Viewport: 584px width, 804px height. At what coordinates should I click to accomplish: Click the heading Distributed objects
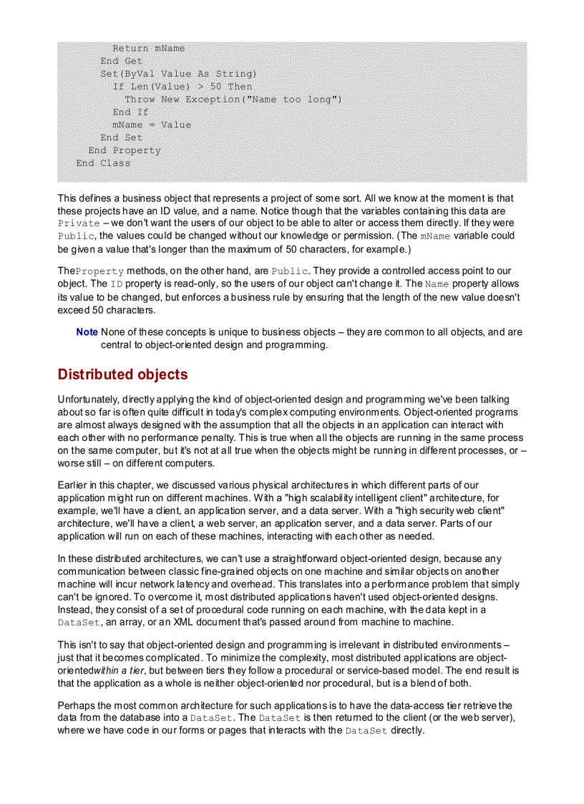click(122, 374)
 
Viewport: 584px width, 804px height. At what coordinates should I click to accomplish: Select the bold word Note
click(87, 332)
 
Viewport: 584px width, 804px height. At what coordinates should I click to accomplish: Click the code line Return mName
click(148, 48)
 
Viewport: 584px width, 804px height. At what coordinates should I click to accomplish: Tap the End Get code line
click(121, 61)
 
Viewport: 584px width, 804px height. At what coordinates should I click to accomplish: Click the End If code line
click(130, 112)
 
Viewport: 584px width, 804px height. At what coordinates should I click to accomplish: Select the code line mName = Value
click(152, 125)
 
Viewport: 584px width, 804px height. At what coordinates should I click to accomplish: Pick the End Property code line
click(125, 150)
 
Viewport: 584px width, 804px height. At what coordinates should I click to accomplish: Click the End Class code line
click(103, 163)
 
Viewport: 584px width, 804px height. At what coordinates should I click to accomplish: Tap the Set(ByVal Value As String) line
click(178, 74)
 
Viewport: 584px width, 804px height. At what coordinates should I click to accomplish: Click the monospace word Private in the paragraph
click(79, 223)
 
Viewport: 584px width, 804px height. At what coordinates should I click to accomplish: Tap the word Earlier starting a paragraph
click(74, 485)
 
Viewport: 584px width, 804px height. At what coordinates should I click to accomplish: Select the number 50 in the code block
click(216, 87)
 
